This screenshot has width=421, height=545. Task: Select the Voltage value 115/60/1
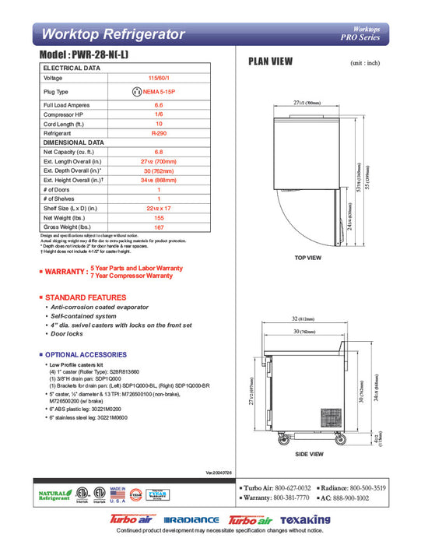[x=159, y=78]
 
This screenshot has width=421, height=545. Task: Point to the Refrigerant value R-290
[x=159, y=133]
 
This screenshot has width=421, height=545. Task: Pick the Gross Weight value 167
[x=159, y=227]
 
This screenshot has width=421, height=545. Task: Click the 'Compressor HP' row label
[x=62, y=114]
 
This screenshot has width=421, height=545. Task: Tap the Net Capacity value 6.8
[x=159, y=152]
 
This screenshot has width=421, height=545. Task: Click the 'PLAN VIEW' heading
[x=270, y=61]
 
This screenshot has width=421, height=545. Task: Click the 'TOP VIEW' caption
[x=308, y=257]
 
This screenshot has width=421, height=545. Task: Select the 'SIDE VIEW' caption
[x=309, y=454]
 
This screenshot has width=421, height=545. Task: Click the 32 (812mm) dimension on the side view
[x=310, y=318]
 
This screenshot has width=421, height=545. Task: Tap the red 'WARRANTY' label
[x=65, y=272]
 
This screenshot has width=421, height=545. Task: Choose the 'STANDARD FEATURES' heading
[x=86, y=297]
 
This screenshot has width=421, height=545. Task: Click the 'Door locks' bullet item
[x=67, y=333]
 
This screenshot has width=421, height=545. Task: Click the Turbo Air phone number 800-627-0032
[x=293, y=486]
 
